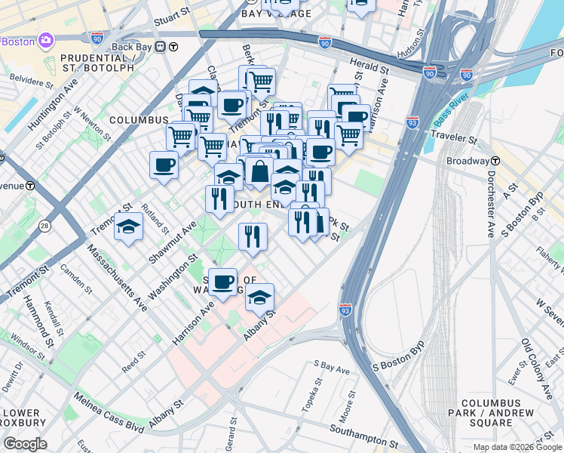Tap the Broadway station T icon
[495, 161]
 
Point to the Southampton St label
[363, 436]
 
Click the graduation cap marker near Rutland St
[129, 226]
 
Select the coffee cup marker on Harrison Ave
[222, 283]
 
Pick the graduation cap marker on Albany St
[259, 298]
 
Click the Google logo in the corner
[25, 444]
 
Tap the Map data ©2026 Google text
[517, 447]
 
